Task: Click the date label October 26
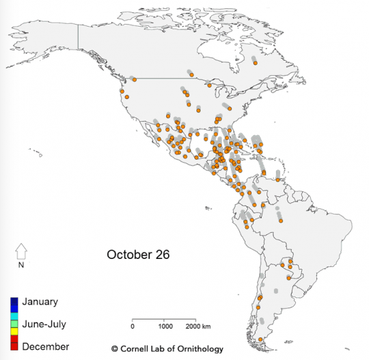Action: click(x=137, y=254)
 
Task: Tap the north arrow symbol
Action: click(x=21, y=251)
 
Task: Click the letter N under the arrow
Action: click(x=21, y=265)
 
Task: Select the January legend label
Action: click(x=40, y=301)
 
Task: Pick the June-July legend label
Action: click(x=44, y=324)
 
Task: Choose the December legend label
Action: click(x=45, y=347)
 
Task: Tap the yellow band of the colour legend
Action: click(x=14, y=333)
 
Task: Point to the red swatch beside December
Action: click(x=14, y=346)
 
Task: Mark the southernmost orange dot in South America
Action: click(x=260, y=340)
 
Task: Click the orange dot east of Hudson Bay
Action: click(x=255, y=64)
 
